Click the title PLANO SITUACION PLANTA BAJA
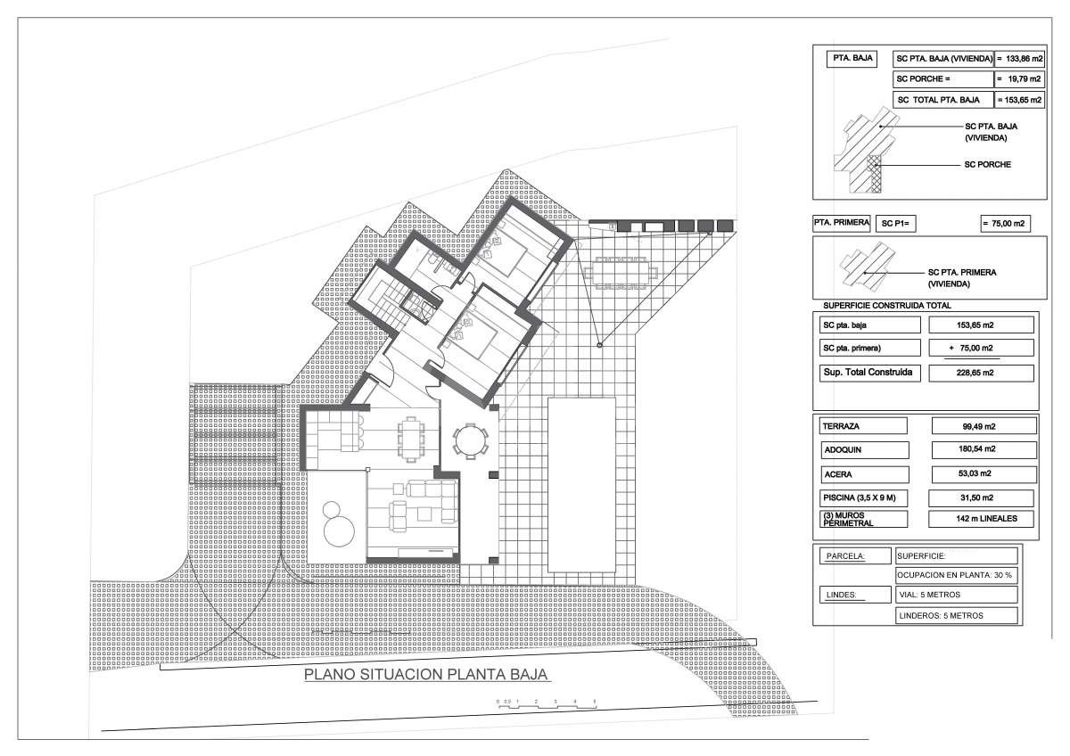coord(425,674)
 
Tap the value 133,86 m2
coord(1020,59)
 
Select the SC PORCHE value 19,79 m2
coord(1020,79)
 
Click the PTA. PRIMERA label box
coord(841,223)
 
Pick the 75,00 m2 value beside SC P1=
coord(1006,224)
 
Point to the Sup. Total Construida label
coord(868,373)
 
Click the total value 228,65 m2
coord(981,373)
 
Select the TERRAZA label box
coord(863,426)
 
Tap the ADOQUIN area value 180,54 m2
coord(984,449)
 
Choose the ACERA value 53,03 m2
coord(984,473)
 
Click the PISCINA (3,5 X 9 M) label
coord(864,498)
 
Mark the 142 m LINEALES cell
coord(981,519)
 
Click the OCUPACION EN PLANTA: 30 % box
coord(956,575)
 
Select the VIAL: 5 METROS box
coord(956,595)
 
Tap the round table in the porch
coord(471,440)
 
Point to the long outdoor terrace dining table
coord(621,274)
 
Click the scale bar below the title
coord(547,703)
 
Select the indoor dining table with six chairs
coord(411,439)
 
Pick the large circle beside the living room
coord(339,531)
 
